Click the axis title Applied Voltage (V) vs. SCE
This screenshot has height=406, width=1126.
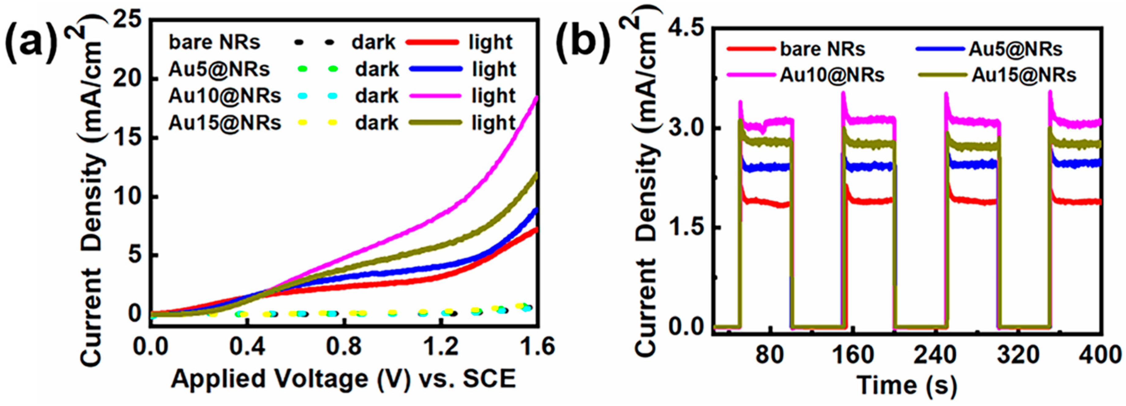click(x=343, y=379)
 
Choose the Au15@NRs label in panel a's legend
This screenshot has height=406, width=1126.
click(x=225, y=123)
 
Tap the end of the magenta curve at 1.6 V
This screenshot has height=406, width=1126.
click(x=536, y=98)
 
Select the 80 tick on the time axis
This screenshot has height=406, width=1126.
click(x=770, y=355)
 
